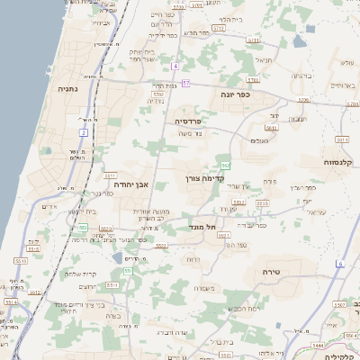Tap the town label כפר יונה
point(236,94)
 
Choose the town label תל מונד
point(203,228)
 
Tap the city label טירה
point(273,271)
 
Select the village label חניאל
point(263,60)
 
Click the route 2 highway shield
point(83,132)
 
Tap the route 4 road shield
point(175,66)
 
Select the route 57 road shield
point(186,84)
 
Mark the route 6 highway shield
point(340,263)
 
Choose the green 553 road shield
point(82,227)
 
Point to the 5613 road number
point(271,127)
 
